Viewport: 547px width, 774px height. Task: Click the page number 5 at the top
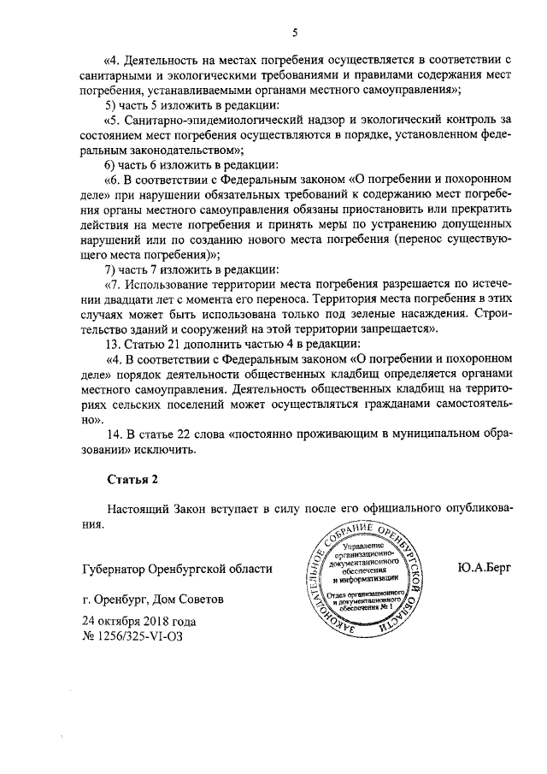tap(294, 32)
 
